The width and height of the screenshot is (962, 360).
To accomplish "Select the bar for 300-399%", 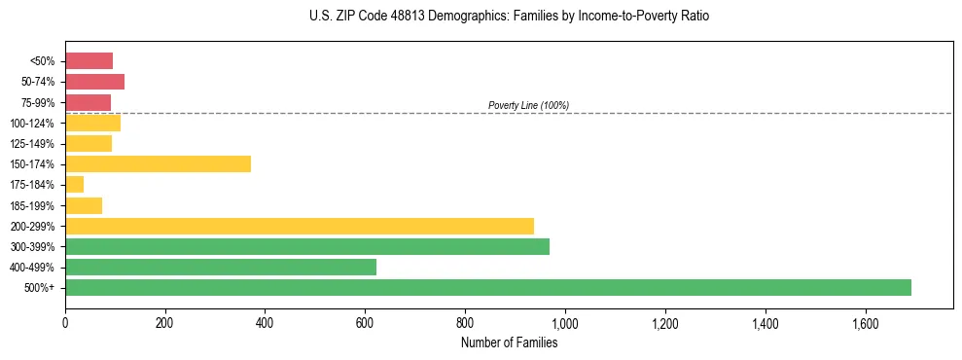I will [x=307, y=246].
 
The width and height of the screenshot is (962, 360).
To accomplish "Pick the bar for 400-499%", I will [x=221, y=267].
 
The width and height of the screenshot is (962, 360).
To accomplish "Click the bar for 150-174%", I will [x=158, y=163].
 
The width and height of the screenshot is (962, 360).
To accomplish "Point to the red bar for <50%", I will [x=89, y=60].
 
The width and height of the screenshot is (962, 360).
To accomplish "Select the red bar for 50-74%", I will [x=94, y=81].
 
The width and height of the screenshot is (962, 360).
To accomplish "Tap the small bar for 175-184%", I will [x=74, y=184].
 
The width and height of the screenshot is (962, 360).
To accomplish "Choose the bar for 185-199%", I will [x=84, y=205].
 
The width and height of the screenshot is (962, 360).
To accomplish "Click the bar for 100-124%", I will [x=92, y=123].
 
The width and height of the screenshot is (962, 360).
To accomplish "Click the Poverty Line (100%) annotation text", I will [x=528, y=105].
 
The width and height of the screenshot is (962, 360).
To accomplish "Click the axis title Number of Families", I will [x=509, y=342].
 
